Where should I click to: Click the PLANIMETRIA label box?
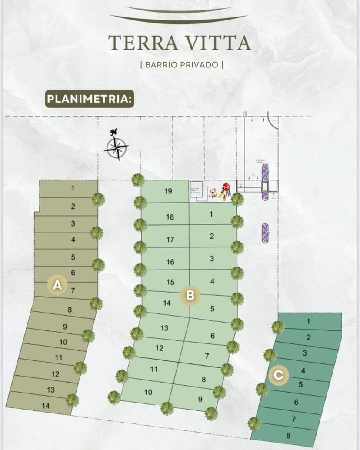(x=90, y=98)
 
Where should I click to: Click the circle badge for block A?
(x=57, y=285)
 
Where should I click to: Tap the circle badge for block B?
(x=190, y=296)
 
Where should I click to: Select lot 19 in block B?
(x=168, y=191)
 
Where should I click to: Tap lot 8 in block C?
(x=288, y=435)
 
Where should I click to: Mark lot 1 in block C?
(x=309, y=322)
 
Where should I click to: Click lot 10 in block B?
(x=148, y=392)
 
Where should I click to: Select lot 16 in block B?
(x=170, y=262)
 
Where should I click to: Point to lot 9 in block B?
(x=200, y=399)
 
